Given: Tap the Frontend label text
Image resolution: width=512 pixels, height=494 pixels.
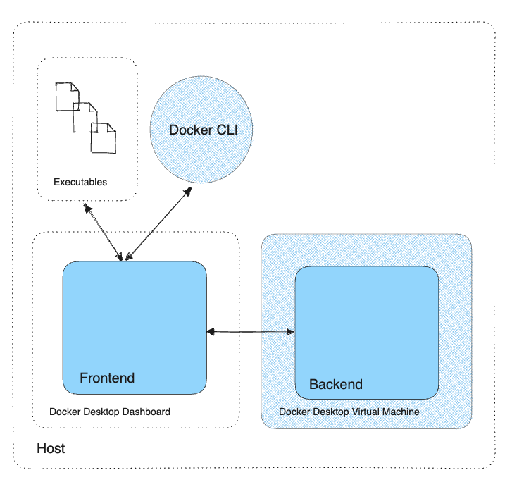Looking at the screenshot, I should click(107, 378).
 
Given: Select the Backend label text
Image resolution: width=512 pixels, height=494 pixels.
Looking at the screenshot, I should click(336, 384).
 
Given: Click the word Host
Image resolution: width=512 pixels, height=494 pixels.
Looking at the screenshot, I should click(51, 448).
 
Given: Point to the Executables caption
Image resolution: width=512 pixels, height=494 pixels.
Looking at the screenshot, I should click(80, 182).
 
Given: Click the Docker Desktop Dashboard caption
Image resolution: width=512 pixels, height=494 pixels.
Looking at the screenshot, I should click(109, 412).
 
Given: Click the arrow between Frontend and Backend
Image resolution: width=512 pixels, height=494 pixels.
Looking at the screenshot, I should click(251, 331).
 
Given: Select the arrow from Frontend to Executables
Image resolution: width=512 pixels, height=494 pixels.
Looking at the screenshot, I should click(104, 232).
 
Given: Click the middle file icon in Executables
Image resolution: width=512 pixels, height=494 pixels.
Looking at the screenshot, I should click(85, 117).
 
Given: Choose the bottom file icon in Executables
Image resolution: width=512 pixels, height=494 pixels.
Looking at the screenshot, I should click(103, 137).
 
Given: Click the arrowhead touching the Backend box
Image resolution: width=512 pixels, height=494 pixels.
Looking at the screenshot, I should click(289, 331).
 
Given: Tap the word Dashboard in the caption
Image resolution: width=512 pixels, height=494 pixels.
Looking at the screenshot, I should click(146, 412).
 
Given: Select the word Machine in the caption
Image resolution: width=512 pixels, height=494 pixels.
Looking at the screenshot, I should click(399, 412).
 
